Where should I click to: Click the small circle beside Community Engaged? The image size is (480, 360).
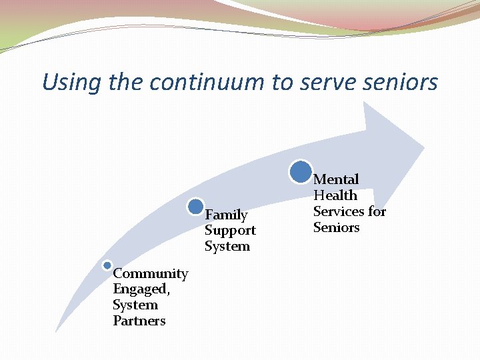(x=107, y=265)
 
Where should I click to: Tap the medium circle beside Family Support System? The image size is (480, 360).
(x=196, y=206)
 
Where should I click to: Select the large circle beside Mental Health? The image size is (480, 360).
(x=301, y=171)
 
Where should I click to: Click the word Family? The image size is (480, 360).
(x=226, y=215)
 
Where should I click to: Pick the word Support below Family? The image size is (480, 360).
(x=230, y=231)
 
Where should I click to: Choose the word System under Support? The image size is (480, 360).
(x=227, y=246)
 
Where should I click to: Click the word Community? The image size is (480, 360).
(x=151, y=273)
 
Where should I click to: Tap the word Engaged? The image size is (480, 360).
(x=141, y=289)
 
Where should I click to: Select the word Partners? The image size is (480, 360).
(x=139, y=321)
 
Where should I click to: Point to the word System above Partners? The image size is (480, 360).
(x=135, y=305)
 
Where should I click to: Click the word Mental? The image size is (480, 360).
(x=336, y=179)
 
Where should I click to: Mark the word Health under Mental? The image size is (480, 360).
(x=335, y=195)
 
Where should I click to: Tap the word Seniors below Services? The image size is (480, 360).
(x=337, y=227)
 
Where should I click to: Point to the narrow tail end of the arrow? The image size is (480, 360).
(x=57, y=329)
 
